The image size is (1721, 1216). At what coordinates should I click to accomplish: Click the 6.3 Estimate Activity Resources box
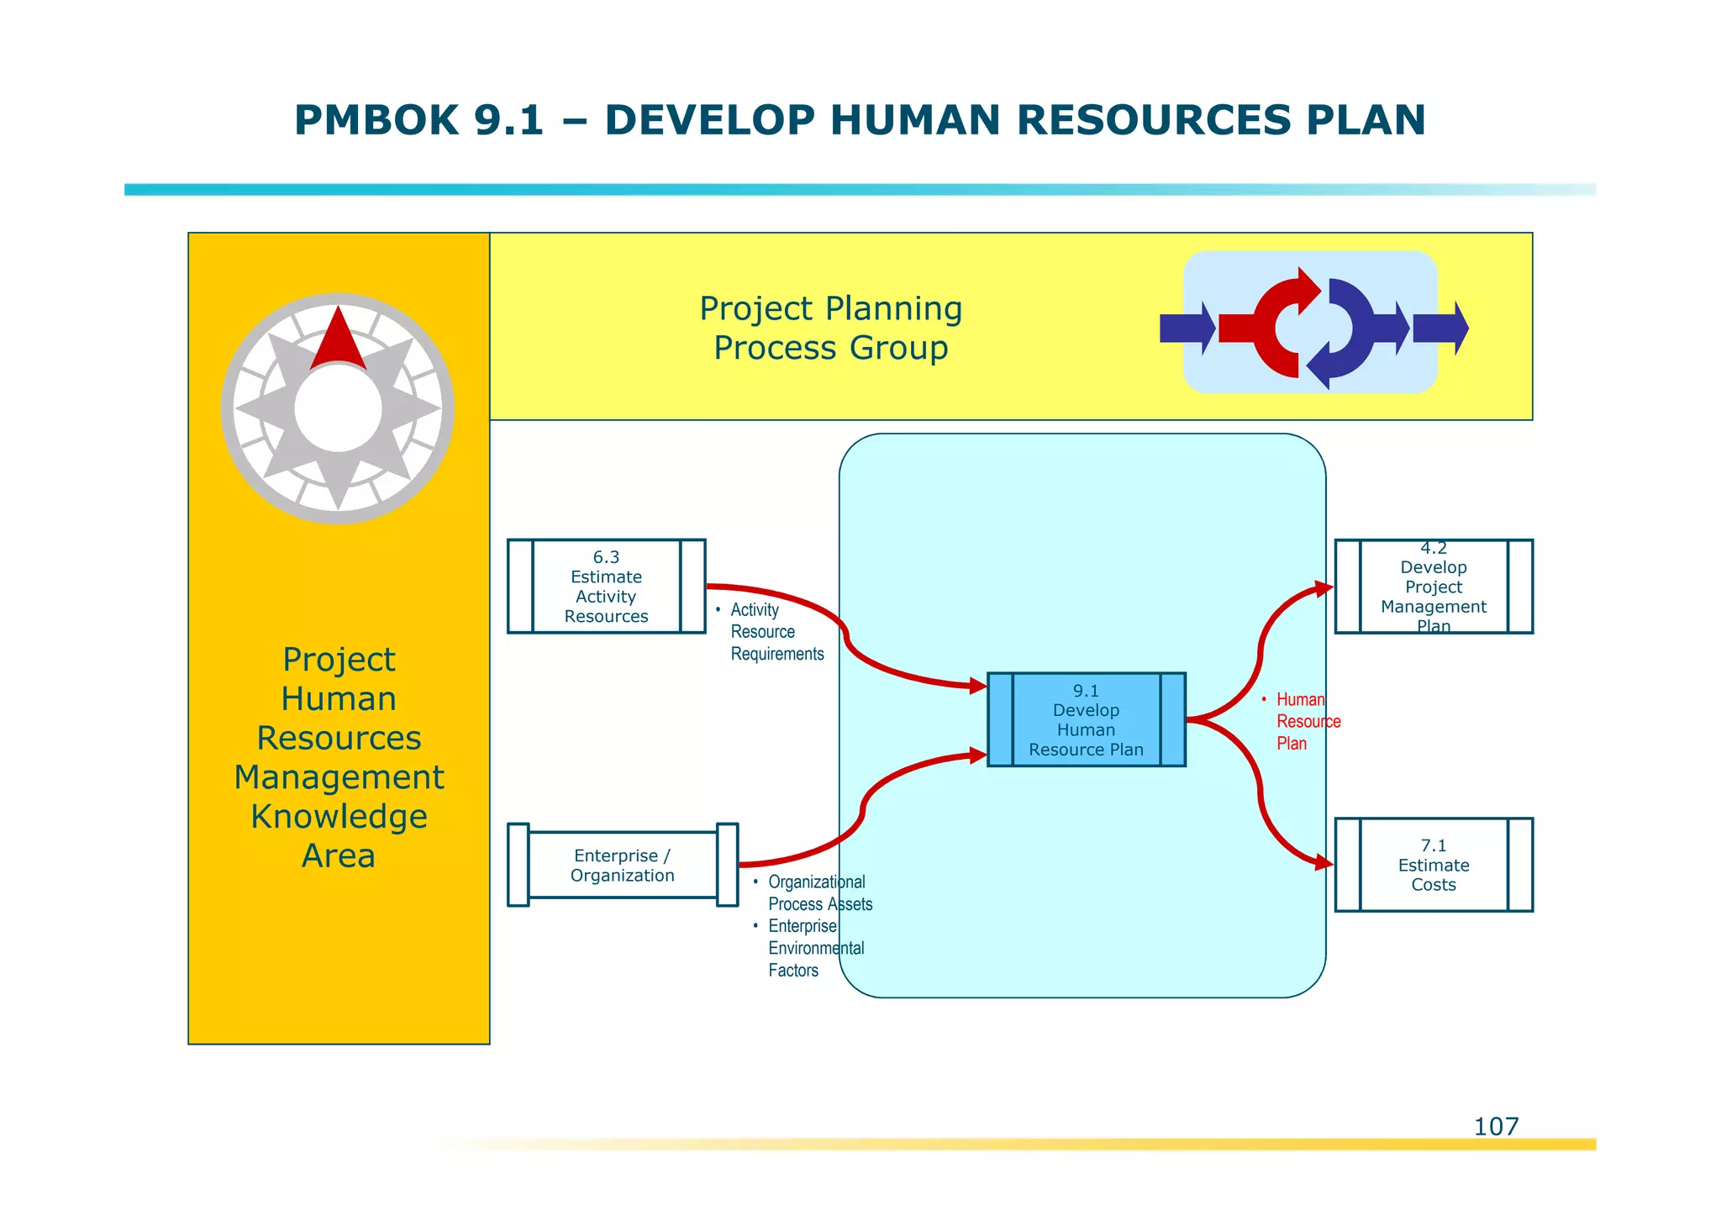606,587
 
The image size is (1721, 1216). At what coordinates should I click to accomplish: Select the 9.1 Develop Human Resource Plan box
1086,720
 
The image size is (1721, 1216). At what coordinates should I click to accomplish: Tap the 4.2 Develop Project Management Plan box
1434,587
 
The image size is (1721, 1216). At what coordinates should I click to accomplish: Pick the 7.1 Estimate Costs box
1434,865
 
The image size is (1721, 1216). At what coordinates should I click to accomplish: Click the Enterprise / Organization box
622,866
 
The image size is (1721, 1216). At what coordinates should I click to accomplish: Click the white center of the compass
338,409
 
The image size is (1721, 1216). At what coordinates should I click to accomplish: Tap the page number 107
1496,1126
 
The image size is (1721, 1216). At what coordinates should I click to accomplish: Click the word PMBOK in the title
376,120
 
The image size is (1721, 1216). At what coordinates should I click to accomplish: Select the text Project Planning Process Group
830,328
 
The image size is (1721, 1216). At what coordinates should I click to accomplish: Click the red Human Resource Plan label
1308,721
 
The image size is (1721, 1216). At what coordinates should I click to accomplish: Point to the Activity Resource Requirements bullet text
776,632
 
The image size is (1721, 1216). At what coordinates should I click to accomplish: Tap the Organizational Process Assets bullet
819,893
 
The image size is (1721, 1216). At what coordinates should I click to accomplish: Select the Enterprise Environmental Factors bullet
815,948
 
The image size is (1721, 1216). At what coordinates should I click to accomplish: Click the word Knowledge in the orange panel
339,817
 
